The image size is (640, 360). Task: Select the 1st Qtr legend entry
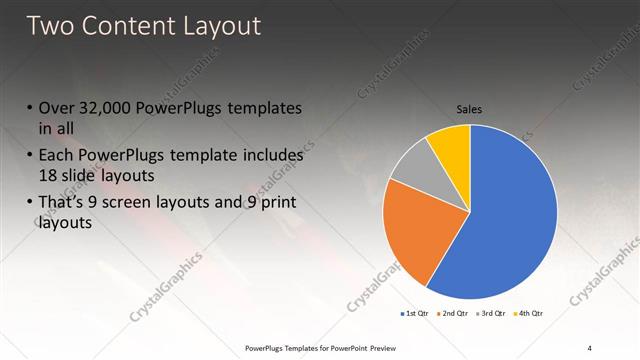point(415,314)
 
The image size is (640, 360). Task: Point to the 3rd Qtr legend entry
point(491,314)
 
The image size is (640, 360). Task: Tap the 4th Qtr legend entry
point(529,314)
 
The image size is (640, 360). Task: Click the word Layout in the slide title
point(219,26)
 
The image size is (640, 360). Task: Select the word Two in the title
point(50,26)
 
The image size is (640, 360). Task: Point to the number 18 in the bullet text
point(49,173)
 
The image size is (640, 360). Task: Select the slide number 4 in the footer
point(589,347)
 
